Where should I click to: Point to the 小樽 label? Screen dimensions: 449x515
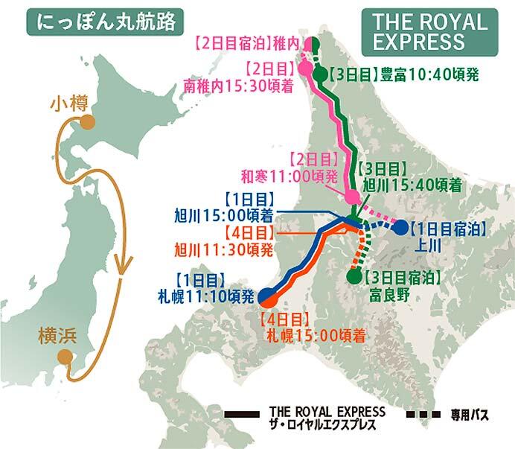[68, 104]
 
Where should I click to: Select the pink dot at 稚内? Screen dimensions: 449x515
[306, 45]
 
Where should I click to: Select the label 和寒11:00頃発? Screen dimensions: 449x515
[290, 178]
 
